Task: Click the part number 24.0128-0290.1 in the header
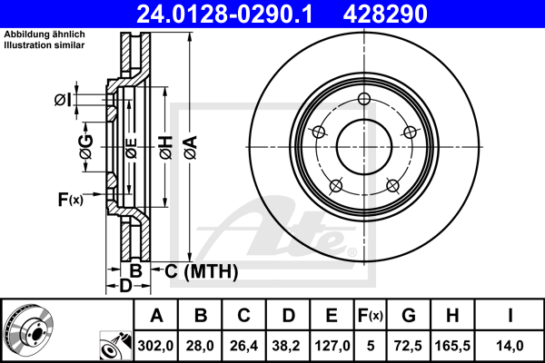[224, 14]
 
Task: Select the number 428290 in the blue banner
[385, 14]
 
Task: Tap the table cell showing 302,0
[155, 346]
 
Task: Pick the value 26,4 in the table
[243, 346]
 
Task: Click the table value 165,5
[452, 346]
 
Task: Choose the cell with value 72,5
[408, 346]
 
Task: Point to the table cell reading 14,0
[510, 346]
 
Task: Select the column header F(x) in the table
[371, 316]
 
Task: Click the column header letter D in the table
[288, 316]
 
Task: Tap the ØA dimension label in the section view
[191, 147]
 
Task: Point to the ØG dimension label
[86, 147]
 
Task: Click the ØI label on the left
[64, 100]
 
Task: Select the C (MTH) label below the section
[202, 271]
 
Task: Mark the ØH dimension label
[166, 148]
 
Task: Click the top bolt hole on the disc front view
[364, 99]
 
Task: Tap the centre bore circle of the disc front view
[364, 147]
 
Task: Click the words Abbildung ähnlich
[45, 34]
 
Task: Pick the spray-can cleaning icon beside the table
[115, 345]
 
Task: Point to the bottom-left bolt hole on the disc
[336, 186]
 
